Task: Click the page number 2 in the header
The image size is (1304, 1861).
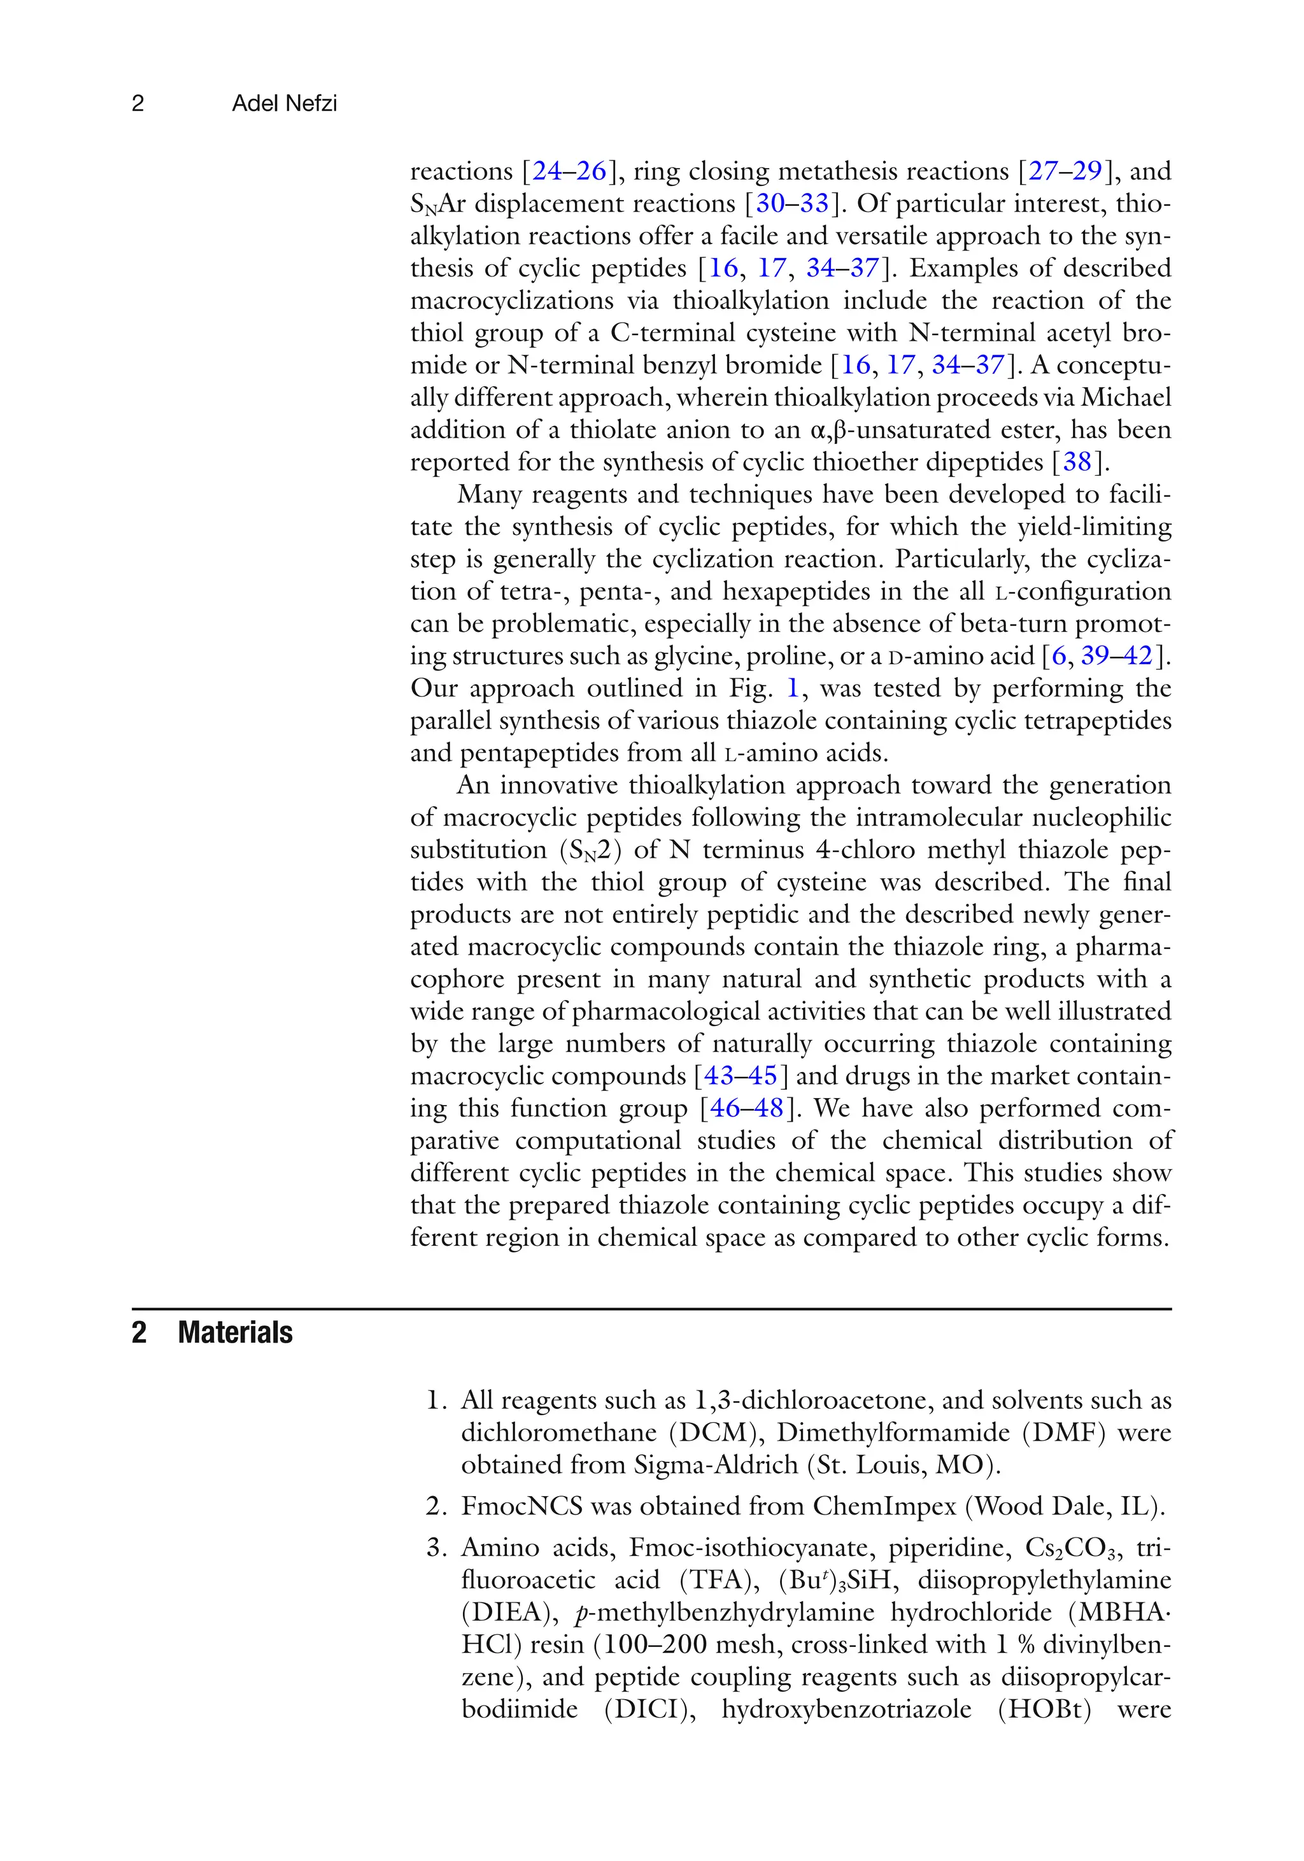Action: pyautogui.click(x=138, y=103)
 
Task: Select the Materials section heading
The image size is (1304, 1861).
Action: pyautogui.click(x=235, y=1332)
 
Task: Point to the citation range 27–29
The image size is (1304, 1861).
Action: pyautogui.click(x=1066, y=171)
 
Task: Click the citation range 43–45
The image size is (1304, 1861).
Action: pyautogui.click(x=741, y=1076)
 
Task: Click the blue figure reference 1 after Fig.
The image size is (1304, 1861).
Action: pyautogui.click(x=793, y=688)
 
